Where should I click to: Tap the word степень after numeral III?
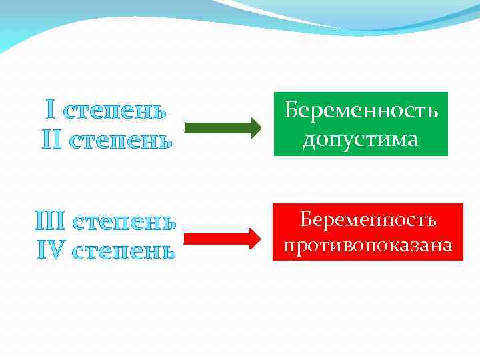click(x=125, y=221)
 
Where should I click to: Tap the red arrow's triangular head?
click(x=253, y=238)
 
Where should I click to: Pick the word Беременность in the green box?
click(x=361, y=110)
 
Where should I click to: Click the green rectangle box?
click(x=361, y=124)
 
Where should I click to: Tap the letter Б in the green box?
click(x=291, y=110)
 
